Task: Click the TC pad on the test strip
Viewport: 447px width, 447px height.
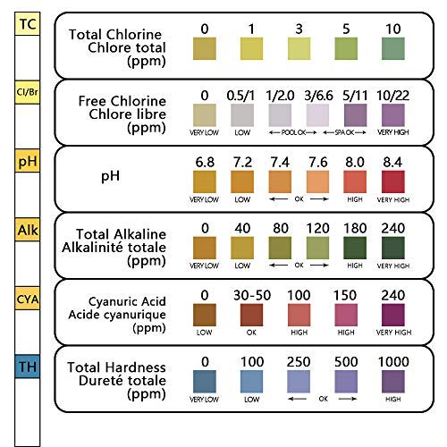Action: click(28, 24)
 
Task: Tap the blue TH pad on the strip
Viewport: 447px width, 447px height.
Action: click(28, 367)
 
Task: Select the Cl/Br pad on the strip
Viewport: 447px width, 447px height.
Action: click(28, 92)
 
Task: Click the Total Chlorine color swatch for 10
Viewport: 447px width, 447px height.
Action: click(393, 48)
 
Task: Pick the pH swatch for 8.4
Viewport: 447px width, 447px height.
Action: click(393, 181)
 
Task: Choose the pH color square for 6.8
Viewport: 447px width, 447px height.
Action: click(205, 181)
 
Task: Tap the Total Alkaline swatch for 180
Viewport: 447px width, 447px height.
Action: click(355, 248)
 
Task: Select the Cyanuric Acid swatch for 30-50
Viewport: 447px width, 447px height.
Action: click(251, 315)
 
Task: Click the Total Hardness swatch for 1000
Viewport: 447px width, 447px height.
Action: click(393, 382)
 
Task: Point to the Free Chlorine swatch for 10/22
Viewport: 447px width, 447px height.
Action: click(393, 115)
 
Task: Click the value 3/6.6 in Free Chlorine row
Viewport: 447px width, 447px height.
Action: click(318, 96)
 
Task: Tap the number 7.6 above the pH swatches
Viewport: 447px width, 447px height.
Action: click(318, 162)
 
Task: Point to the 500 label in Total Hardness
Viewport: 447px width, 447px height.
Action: click(346, 362)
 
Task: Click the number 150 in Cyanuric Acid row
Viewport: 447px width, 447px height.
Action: click(345, 295)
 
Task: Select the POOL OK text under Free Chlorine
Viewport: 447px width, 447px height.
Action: click(293, 132)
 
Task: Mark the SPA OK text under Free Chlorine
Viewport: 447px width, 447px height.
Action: click(344, 132)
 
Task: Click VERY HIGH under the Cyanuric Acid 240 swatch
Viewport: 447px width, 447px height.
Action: click(393, 333)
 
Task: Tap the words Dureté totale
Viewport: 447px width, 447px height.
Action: click(122, 381)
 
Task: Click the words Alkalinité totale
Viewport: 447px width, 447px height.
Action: click(114, 248)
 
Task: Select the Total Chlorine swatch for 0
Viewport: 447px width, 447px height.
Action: click(205, 48)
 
